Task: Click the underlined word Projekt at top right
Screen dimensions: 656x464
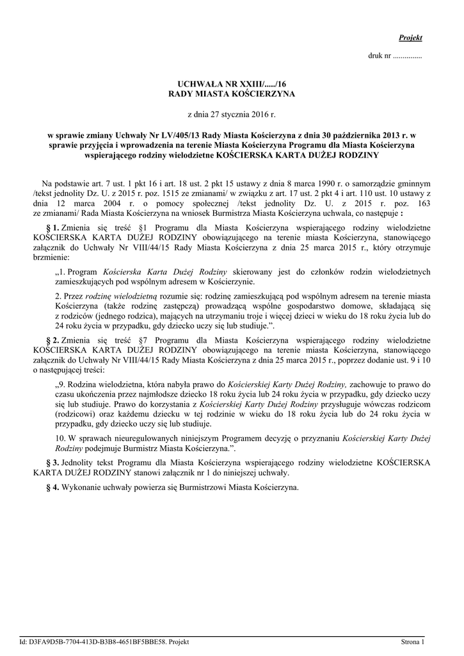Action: coord(410,38)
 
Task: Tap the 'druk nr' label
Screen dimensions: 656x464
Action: coord(379,56)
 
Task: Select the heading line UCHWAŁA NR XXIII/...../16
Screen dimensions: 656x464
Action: coord(232,84)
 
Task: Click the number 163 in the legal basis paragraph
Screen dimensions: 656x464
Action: coord(419,202)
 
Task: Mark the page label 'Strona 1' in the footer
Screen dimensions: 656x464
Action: coord(412,641)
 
